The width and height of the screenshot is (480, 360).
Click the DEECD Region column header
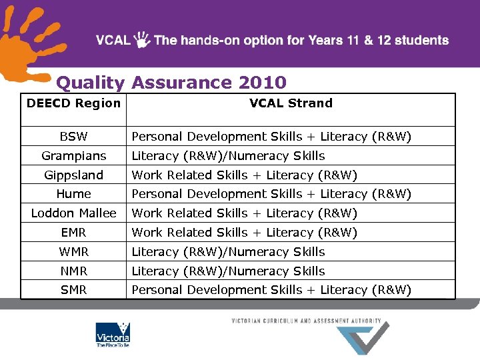point(73,103)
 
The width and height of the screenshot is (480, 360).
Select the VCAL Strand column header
point(291,103)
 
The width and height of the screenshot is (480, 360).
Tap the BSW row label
point(73,137)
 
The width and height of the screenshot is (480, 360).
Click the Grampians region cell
point(73,156)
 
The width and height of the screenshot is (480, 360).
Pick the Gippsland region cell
point(73,175)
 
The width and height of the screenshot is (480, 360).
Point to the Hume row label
point(73,194)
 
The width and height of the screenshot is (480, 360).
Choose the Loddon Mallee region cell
point(73,213)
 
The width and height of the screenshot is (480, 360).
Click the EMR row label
point(73,233)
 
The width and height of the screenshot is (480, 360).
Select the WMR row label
point(73,252)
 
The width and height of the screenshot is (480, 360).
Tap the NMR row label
point(73,271)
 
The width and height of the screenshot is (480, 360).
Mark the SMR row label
point(73,290)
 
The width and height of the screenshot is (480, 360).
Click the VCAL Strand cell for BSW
point(271,137)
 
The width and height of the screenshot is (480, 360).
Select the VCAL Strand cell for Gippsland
point(245,175)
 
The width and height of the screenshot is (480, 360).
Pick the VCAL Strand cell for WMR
point(228,252)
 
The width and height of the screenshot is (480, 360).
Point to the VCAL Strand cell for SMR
point(271,290)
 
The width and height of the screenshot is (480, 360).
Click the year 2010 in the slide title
point(262,83)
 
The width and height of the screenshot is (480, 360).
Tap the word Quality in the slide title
point(90,83)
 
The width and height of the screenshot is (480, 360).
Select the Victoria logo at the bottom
point(113,335)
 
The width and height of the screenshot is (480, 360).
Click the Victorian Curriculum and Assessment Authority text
point(306,321)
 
